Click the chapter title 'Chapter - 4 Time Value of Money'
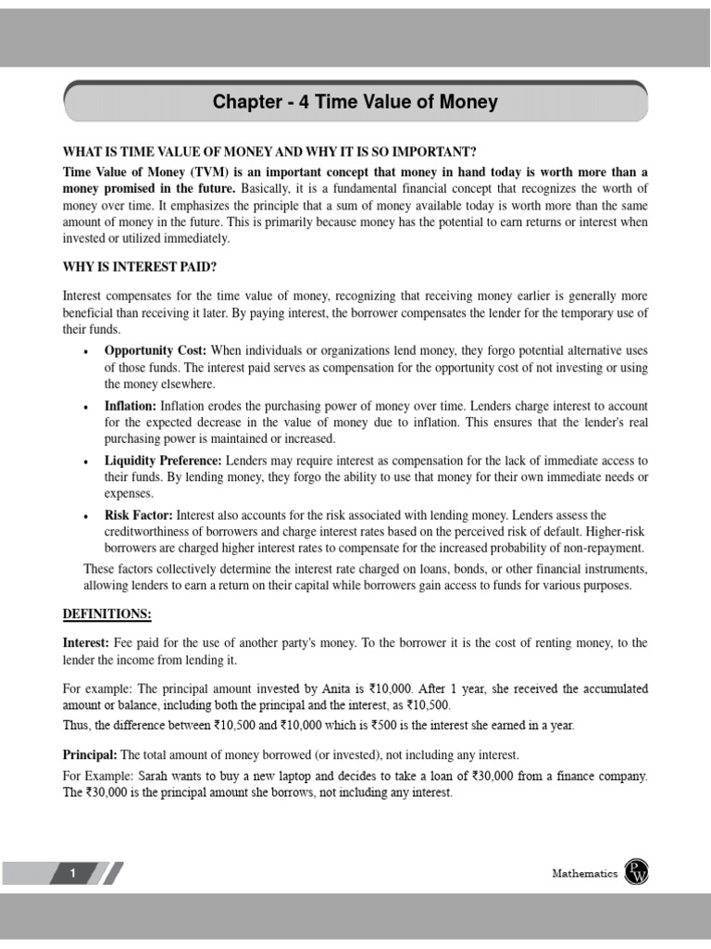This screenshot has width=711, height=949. tap(355, 102)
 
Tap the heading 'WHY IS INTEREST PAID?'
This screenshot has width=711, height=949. tap(140, 268)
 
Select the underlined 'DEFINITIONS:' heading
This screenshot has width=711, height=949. tap(106, 614)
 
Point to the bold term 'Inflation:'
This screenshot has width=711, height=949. tap(131, 406)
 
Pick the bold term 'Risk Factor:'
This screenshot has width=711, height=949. tap(138, 515)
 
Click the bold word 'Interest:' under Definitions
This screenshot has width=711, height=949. tap(88, 642)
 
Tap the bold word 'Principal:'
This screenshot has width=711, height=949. tap(90, 754)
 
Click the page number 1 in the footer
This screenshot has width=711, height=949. tap(74, 873)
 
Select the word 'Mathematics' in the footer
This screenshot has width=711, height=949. tap(584, 873)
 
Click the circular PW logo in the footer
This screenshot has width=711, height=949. tap(637, 872)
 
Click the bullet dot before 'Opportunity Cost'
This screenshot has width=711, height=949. tap(85, 352)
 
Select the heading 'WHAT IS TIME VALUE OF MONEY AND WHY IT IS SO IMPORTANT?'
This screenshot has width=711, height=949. tap(269, 152)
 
